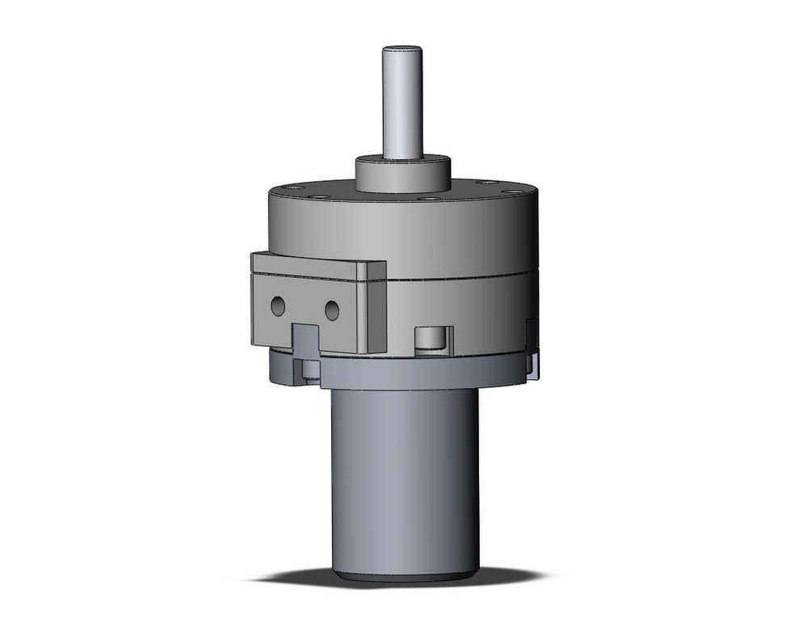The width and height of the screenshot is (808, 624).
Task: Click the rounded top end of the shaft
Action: click(402, 49)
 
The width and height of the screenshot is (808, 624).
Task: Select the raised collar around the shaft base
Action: click(402, 175)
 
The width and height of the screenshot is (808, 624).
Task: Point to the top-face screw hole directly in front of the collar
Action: click(430, 198)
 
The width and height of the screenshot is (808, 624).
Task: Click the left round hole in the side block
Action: click(278, 306)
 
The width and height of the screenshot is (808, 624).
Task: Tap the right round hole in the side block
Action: click(331, 309)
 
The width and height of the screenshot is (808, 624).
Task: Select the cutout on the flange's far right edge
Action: click(531, 348)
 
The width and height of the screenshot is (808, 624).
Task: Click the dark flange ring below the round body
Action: click(404, 373)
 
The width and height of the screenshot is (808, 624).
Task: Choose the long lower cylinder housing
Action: click(404, 477)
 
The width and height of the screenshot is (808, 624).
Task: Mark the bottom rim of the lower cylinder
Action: click(404, 575)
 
